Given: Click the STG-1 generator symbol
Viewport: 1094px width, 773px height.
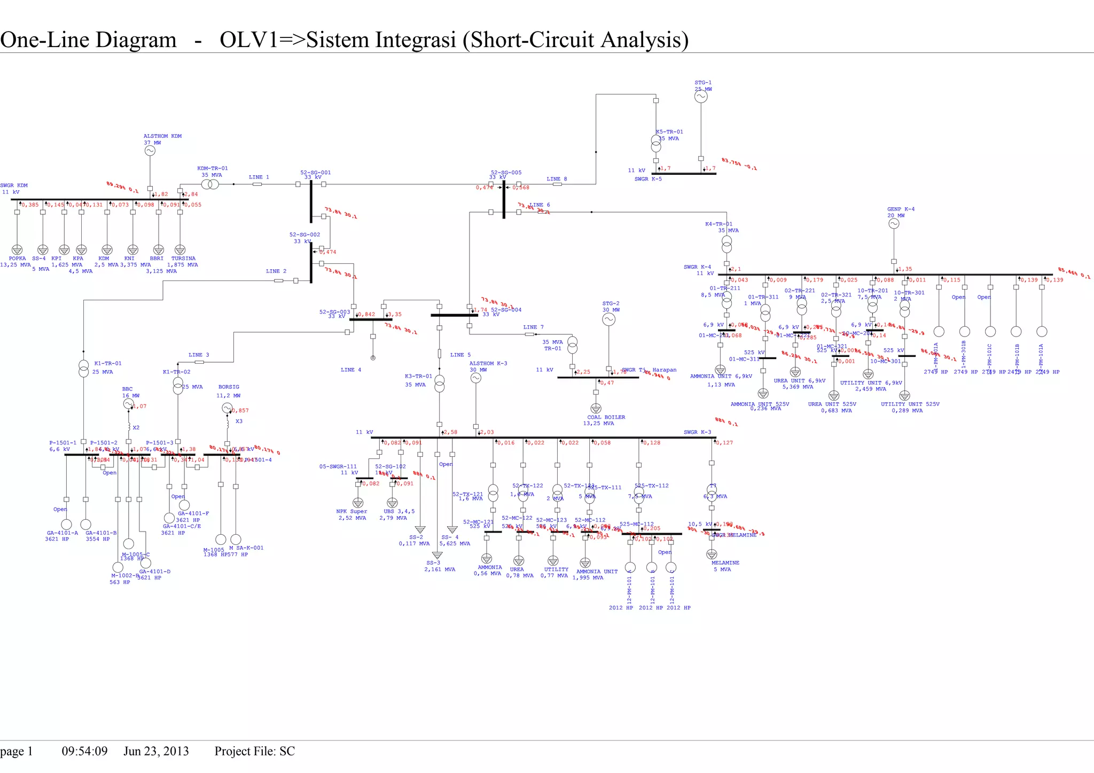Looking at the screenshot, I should pyautogui.click(x=701, y=97).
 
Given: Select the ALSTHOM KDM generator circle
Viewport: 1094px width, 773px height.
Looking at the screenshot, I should pyautogui.click(x=150, y=151).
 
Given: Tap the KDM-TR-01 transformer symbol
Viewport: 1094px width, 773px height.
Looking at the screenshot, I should pyautogui.click(x=210, y=184).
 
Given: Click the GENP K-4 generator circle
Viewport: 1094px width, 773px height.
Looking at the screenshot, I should pyautogui.click(x=894, y=224).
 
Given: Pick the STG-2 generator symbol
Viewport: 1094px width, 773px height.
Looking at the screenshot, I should pyautogui.click(x=608, y=319).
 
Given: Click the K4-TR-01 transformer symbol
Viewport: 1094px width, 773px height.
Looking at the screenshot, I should pyautogui.click(x=726, y=244).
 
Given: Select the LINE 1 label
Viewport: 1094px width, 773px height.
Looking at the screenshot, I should pyautogui.click(x=259, y=177).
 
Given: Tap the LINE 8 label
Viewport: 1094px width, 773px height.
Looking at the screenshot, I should pyautogui.click(x=557, y=179).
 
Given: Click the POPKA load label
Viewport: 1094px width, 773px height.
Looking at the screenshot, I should pyautogui.click(x=17, y=259).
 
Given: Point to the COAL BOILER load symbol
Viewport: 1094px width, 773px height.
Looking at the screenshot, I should pyautogui.click(x=596, y=409).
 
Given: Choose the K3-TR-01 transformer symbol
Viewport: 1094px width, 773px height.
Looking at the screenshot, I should pyautogui.click(x=439, y=384).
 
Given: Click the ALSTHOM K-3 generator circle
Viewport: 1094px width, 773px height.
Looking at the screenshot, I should pyautogui.click(x=475, y=378).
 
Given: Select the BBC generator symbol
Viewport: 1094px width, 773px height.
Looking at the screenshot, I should pyautogui.click(x=128, y=404).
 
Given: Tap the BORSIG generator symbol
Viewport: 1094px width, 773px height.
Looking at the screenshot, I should pyautogui.click(x=226, y=409).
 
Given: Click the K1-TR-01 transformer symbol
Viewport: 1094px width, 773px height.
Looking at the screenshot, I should pyautogui.click(x=84, y=369).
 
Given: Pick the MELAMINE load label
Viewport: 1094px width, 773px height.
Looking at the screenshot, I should pyautogui.click(x=725, y=563).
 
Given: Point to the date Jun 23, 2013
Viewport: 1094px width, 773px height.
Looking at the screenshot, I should pyautogui.click(x=156, y=752).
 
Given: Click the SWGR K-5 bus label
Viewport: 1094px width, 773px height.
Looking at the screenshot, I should pyautogui.click(x=647, y=179).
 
